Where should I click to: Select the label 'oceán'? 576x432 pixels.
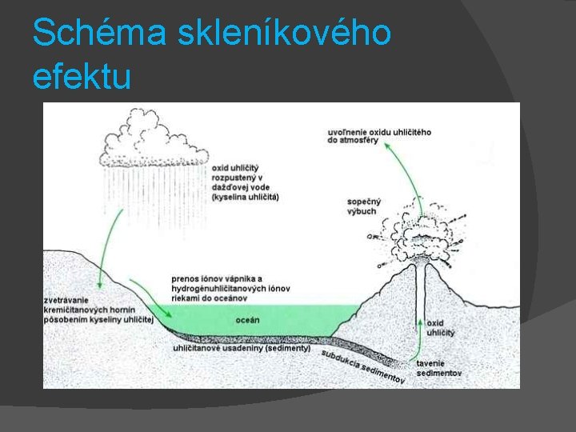click(x=247, y=320)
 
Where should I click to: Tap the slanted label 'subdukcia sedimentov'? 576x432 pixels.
click(x=363, y=365)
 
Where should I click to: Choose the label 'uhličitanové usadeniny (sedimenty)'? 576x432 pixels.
click(x=242, y=349)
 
